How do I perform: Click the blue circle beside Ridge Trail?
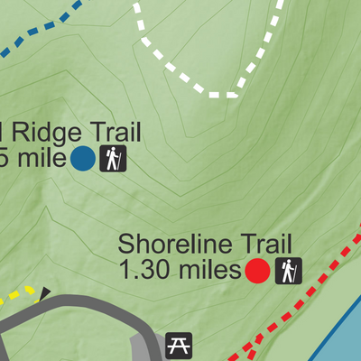click(x=83, y=159)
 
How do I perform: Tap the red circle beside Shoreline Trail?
click(x=257, y=270)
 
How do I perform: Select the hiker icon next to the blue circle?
click(x=113, y=159)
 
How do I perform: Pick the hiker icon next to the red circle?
click(x=288, y=270)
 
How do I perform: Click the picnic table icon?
click(x=179, y=345)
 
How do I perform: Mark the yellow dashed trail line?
click(x=20, y=293)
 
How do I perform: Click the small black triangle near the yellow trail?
click(x=45, y=292)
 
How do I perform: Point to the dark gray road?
click(x=90, y=311)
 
